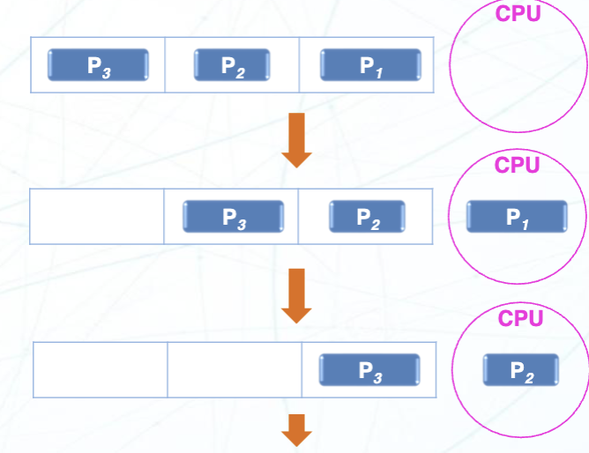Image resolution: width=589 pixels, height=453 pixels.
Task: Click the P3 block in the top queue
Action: (x=98, y=64)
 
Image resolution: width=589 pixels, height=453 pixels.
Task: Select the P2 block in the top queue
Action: (x=232, y=64)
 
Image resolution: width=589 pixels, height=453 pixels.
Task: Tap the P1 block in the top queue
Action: (x=370, y=64)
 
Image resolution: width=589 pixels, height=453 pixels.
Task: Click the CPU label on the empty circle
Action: (x=518, y=14)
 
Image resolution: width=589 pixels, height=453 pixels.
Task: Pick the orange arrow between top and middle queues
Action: (x=296, y=139)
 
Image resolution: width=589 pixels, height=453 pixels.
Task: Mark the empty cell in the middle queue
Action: (x=97, y=216)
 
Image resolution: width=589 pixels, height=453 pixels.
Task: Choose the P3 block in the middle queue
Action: (x=234, y=216)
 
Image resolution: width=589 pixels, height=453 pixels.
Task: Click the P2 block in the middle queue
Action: (x=368, y=216)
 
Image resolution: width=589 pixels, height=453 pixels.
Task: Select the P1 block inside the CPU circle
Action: (x=517, y=217)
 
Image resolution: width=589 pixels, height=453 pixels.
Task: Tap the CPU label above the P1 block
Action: (x=518, y=165)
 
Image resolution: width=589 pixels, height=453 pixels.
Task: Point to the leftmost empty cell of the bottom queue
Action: (x=101, y=370)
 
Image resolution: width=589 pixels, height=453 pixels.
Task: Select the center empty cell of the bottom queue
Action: (x=235, y=370)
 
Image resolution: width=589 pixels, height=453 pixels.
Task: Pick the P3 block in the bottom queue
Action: (x=369, y=370)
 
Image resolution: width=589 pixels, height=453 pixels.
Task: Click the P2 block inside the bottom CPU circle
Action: (x=521, y=369)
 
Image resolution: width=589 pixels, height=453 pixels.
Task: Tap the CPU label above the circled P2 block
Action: (x=521, y=318)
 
